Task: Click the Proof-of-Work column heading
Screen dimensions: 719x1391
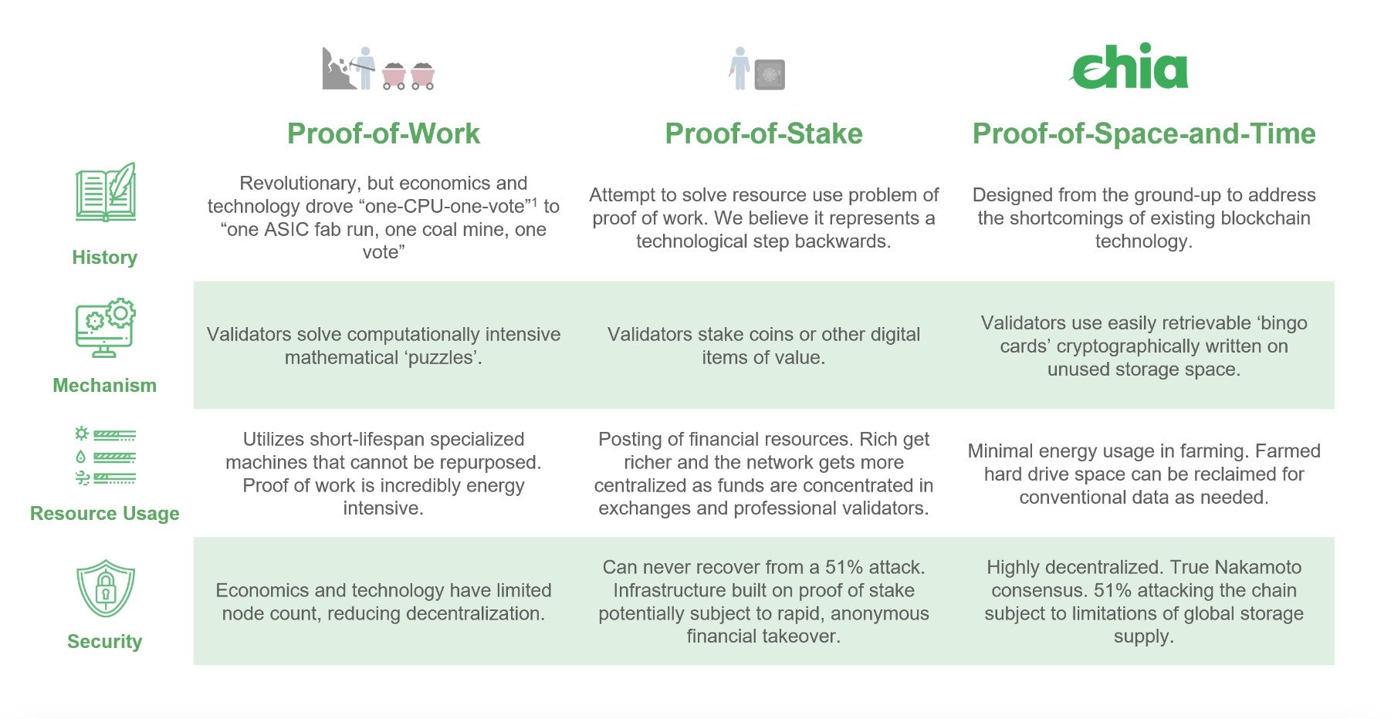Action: pyautogui.click(x=383, y=133)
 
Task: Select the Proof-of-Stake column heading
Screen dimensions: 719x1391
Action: pyautogui.click(x=763, y=133)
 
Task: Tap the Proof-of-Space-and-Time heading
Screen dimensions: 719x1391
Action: pyautogui.click(x=1143, y=133)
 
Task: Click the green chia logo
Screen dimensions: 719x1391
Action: pyautogui.click(x=1129, y=67)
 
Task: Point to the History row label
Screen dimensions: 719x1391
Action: pyautogui.click(x=104, y=258)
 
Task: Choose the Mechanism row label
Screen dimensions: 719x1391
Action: pyautogui.click(x=104, y=386)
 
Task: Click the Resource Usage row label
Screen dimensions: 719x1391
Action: pyautogui.click(x=104, y=514)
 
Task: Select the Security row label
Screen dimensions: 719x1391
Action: pyautogui.click(x=104, y=642)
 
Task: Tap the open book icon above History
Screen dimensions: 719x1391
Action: pyautogui.click(x=106, y=193)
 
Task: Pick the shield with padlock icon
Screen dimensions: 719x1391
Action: pyautogui.click(x=106, y=588)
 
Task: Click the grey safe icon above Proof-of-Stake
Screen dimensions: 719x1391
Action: pyautogui.click(x=770, y=75)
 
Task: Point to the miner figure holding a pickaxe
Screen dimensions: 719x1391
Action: pyautogui.click(x=364, y=68)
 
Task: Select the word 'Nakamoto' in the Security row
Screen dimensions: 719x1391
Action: pyautogui.click(x=1257, y=568)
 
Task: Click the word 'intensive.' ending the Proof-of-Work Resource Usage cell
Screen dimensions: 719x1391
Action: pyautogui.click(x=383, y=508)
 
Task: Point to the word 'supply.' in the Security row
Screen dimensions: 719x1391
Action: pyautogui.click(x=1143, y=636)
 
